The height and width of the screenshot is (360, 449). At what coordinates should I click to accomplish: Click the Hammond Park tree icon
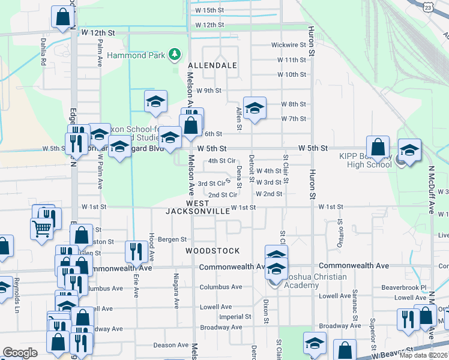(x=175, y=55)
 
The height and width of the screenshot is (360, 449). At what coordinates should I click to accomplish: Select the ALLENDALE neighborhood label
(x=212, y=65)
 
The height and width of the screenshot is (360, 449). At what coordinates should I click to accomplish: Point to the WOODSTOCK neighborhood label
(x=212, y=251)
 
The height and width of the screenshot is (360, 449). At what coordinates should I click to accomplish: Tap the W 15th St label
(x=209, y=11)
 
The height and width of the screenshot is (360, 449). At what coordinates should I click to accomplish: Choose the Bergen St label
(x=173, y=239)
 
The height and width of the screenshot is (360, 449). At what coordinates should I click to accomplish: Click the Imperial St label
(x=235, y=317)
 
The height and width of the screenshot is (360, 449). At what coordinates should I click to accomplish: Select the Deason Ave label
(x=170, y=345)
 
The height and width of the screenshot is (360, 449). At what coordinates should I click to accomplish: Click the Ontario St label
(x=340, y=230)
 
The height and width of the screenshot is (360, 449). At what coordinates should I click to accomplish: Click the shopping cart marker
(x=41, y=228)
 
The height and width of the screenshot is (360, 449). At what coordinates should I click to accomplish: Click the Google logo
(x=20, y=353)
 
